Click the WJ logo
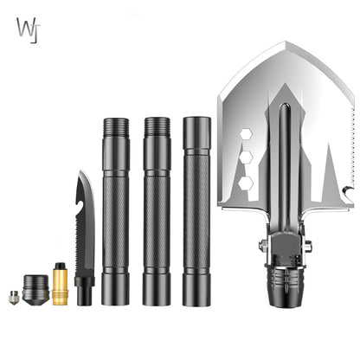[26, 28]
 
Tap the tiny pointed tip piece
[15, 298]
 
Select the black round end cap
[35, 289]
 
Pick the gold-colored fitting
[60, 285]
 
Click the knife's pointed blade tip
[80, 173]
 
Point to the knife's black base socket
[84, 290]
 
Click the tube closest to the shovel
[196, 212]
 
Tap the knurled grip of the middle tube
[157, 216]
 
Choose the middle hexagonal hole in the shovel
[246, 158]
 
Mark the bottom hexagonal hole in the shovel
[246, 183]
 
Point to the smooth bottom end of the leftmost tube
[115, 290]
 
